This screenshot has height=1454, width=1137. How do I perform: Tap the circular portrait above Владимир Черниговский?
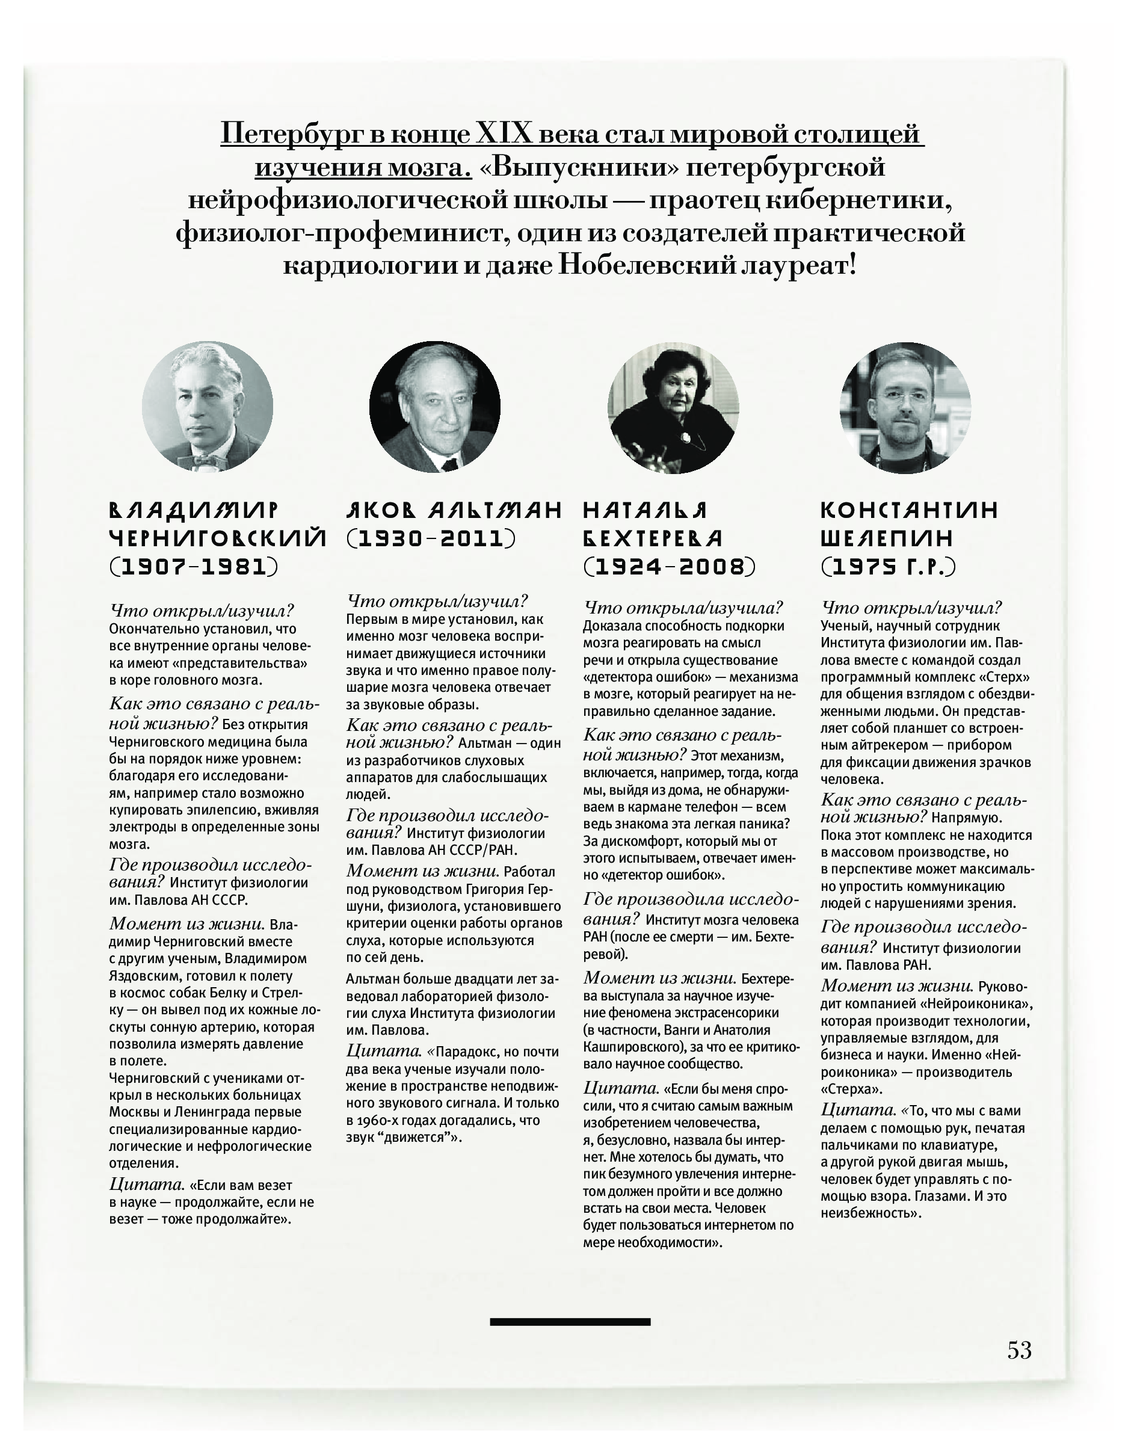click(207, 406)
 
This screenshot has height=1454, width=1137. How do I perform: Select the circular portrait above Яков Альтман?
click(435, 407)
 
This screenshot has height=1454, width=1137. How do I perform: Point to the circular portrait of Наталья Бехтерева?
click(673, 407)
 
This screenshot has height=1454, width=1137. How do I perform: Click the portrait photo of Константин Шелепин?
click(905, 407)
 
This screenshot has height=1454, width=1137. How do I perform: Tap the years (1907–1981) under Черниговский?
click(194, 567)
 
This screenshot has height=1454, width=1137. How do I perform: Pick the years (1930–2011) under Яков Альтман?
click(431, 538)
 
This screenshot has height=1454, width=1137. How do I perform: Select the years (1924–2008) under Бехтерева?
click(670, 567)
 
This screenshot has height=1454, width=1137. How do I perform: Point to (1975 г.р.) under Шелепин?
click(888, 567)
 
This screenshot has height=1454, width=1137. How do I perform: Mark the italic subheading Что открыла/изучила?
click(683, 607)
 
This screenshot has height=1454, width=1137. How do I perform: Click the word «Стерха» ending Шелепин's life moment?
click(851, 1089)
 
